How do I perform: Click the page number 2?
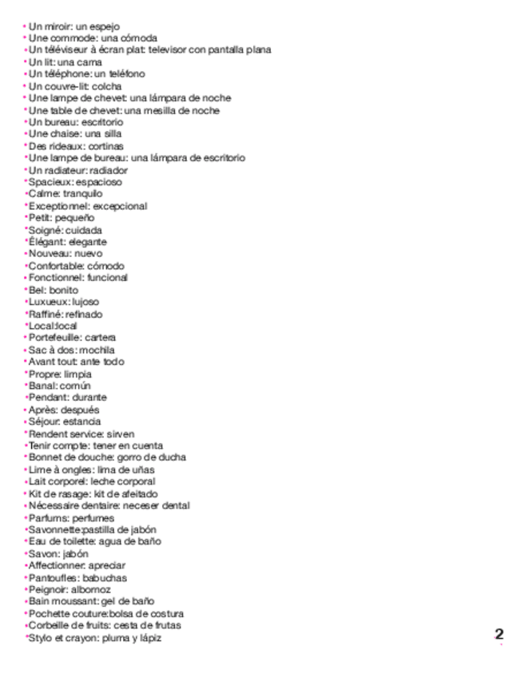click(x=499, y=634)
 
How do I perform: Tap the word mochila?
click(x=98, y=350)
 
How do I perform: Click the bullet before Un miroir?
click(x=24, y=26)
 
